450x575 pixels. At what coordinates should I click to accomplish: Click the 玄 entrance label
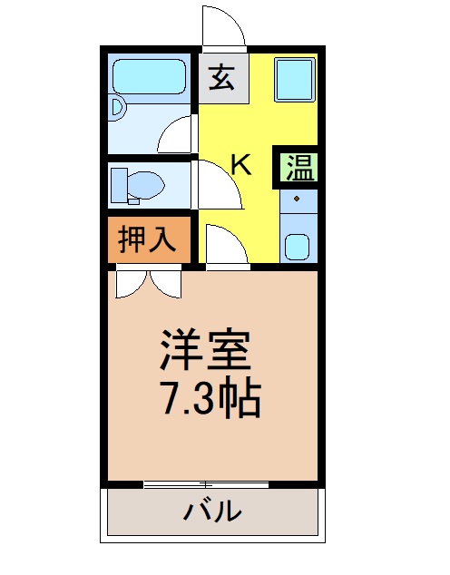[x=221, y=78]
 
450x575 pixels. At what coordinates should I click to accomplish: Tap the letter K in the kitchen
[x=240, y=164]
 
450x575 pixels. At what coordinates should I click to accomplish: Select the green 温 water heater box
[x=298, y=165]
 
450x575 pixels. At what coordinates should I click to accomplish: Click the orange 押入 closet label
[x=148, y=239]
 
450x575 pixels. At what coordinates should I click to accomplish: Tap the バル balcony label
[x=213, y=512]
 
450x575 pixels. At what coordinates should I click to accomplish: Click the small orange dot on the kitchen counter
[x=297, y=197]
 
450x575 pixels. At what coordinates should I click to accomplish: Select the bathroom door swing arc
[x=176, y=135]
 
